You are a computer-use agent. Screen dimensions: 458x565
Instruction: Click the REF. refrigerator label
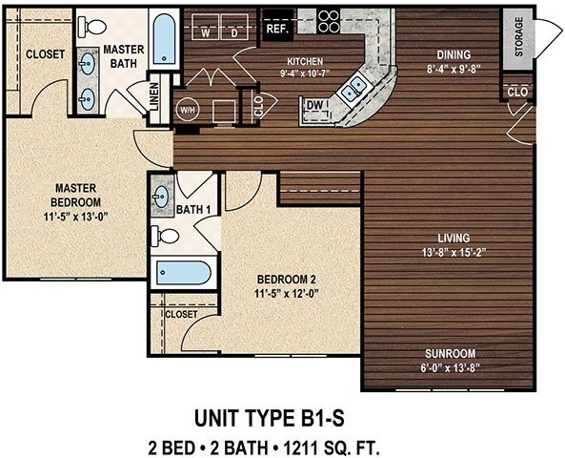pyautogui.click(x=278, y=29)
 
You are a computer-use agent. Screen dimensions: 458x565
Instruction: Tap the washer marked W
pyautogui.click(x=207, y=32)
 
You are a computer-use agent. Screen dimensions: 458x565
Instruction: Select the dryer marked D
pyautogui.click(x=234, y=32)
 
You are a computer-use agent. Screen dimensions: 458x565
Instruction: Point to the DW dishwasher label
pyautogui.click(x=314, y=105)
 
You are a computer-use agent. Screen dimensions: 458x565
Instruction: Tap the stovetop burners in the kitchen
pyautogui.click(x=329, y=20)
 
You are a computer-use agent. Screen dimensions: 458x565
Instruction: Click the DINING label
pyautogui.click(x=448, y=54)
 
